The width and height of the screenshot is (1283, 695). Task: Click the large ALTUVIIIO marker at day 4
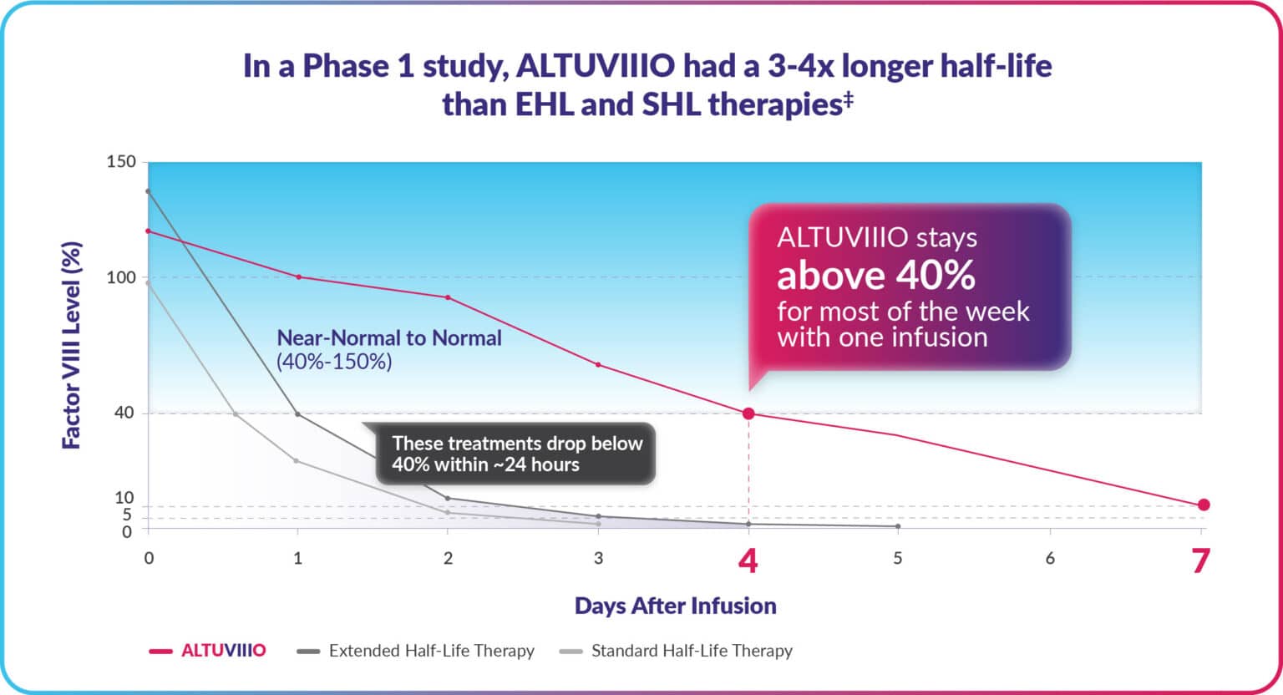[x=748, y=413]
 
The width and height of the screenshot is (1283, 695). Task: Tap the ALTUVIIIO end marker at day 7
[x=1204, y=505]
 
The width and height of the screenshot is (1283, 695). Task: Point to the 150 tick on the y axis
[x=121, y=162]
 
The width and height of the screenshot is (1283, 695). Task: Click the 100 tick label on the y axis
[x=121, y=277]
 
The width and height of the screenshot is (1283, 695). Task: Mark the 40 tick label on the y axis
[x=124, y=413]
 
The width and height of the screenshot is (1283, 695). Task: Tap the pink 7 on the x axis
[x=1200, y=561]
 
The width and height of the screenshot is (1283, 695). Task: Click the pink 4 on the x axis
[x=748, y=561]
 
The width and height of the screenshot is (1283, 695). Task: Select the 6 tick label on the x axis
[x=1050, y=558]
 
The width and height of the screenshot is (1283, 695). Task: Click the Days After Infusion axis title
[x=675, y=606]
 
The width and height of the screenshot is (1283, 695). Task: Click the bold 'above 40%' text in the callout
[x=876, y=275]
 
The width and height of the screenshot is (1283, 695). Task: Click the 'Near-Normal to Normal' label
[x=389, y=338]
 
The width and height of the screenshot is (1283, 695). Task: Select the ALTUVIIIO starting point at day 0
[x=149, y=231]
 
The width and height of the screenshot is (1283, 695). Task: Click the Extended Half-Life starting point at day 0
[x=149, y=191]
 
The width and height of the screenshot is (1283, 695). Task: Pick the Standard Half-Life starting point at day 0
[x=149, y=282]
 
